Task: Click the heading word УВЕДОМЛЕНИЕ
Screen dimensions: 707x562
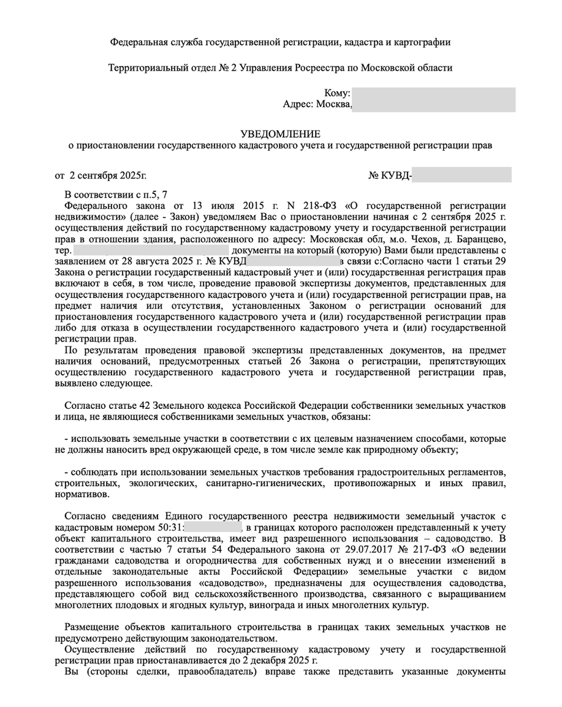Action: tap(281, 134)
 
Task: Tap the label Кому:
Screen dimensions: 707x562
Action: tap(338, 93)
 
